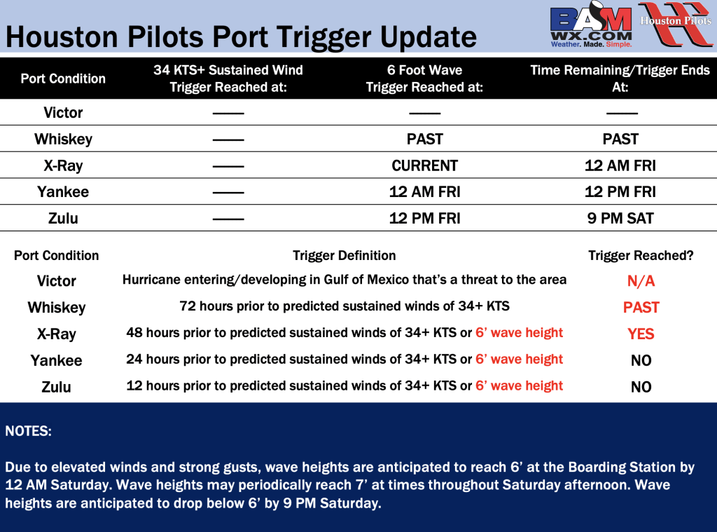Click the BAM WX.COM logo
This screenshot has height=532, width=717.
pyautogui.click(x=591, y=25)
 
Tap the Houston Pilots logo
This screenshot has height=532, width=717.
pyautogui.click(x=676, y=24)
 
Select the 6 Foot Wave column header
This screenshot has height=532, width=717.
pyautogui.click(x=424, y=79)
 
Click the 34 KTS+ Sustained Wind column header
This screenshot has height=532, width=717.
pyautogui.click(x=228, y=79)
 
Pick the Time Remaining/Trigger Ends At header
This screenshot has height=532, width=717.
pyautogui.click(x=620, y=79)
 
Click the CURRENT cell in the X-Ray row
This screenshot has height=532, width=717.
pyautogui.click(x=424, y=165)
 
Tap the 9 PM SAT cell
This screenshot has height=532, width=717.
pyautogui.click(x=620, y=219)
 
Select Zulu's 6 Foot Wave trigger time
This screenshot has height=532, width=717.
pyautogui.click(x=424, y=219)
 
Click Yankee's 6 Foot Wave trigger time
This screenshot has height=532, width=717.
pyautogui.click(x=424, y=192)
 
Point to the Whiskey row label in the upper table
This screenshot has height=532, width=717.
pyautogui.click(x=63, y=139)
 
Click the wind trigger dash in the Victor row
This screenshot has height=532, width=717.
pyautogui.click(x=228, y=113)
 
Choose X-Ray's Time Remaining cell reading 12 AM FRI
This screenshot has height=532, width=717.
pyautogui.click(x=620, y=165)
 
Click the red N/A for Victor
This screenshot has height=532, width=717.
pyautogui.click(x=641, y=280)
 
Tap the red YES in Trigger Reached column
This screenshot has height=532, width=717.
pyautogui.click(x=641, y=334)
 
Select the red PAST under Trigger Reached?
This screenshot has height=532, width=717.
pyautogui.click(x=641, y=307)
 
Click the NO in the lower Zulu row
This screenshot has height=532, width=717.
pyautogui.click(x=641, y=387)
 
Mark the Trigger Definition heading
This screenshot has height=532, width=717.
pyautogui.click(x=344, y=255)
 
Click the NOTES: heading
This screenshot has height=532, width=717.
pyautogui.click(x=28, y=431)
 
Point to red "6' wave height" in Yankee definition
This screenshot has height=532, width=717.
pyautogui.click(x=519, y=360)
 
